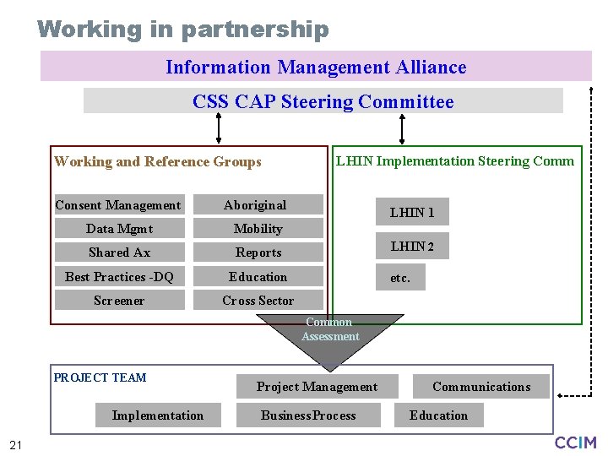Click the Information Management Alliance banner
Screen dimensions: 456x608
(316, 67)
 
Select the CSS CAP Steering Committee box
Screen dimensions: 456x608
(323, 101)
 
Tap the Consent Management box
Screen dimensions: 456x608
(118, 205)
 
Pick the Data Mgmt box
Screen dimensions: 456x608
(119, 229)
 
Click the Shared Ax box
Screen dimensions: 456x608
(119, 252)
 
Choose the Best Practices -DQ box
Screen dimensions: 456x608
(119, 277)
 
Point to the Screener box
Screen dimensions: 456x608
(119, 301)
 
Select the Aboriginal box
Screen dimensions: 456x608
(258, 205)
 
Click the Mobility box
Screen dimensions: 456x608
(258, 229)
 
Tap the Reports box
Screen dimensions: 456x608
(258, 252)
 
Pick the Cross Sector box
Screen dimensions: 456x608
(258, 301)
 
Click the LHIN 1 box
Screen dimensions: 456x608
(412, 212)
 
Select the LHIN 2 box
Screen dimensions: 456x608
(412, 247)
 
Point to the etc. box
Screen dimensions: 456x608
(400, 277)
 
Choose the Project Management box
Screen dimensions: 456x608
(317, 387)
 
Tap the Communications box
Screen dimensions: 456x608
(481, 387)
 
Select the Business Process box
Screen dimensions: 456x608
(308, 415)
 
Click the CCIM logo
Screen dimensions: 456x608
(575, 442)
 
